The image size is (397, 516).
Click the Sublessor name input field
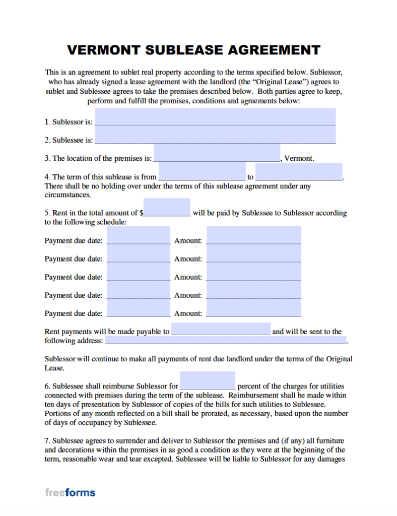[215, 117]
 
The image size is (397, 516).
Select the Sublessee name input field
[215, 135]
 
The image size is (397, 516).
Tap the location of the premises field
[217, 153]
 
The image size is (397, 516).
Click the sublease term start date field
[202, 172]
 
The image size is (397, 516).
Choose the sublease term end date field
[299, 172]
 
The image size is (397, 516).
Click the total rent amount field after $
[170, 208]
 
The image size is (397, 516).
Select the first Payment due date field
[139, 235]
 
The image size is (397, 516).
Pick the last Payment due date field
[139, 308]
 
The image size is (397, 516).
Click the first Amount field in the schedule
[253, 235]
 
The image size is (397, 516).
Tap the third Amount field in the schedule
[253, 272]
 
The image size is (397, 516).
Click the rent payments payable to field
[221, 329]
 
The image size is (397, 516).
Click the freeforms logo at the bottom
[70, 492]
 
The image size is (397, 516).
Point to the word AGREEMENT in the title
[274, 50]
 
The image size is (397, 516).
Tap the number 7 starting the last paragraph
[46, 441]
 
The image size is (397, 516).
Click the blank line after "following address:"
[226, 341]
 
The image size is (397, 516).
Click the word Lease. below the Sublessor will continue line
[54, 368]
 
